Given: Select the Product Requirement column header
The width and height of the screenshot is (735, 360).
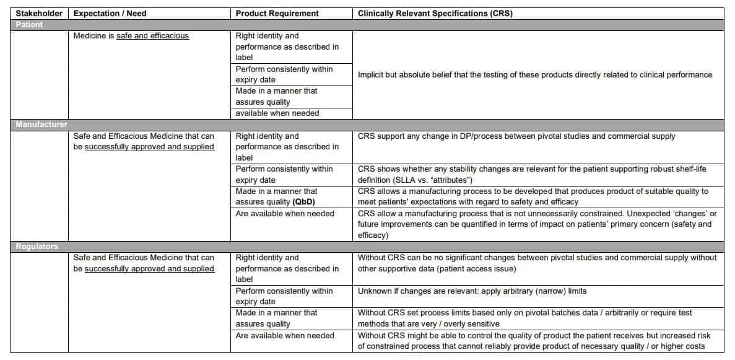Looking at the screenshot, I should coord(277,13).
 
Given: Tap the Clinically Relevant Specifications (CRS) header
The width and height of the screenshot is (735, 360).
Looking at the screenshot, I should coord(435,13).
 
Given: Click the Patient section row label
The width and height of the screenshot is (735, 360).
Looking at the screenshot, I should coord(30,25).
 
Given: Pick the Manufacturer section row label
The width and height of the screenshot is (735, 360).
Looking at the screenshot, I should coord(41,125).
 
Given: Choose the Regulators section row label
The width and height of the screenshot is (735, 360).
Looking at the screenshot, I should coord(37,246).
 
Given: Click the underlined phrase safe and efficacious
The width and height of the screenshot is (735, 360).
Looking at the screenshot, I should coord(152,36).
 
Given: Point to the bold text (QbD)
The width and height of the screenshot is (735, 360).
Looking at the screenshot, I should coord(304,202).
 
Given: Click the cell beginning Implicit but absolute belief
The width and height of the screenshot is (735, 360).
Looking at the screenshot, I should coord(535,75).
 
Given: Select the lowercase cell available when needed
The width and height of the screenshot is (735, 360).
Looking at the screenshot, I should coord(277,113).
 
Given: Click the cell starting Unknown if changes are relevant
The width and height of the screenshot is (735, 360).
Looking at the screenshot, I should coord(472,291).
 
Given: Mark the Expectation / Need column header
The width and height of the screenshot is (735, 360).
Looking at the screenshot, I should coord(110,13).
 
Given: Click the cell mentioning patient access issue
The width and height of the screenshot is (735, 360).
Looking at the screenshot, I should coord(537,263).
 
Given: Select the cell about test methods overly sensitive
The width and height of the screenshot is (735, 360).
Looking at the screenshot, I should coord(524,318).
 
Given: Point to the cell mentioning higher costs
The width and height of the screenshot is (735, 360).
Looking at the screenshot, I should coord(531,341).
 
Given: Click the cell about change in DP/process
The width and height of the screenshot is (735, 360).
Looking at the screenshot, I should coord(516,136).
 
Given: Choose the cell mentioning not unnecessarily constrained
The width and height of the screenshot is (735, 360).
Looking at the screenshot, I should coord(537,224).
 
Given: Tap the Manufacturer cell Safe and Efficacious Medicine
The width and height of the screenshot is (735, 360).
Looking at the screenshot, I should coord(144,141).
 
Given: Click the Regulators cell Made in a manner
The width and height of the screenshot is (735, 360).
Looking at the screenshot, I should coord(276,318).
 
